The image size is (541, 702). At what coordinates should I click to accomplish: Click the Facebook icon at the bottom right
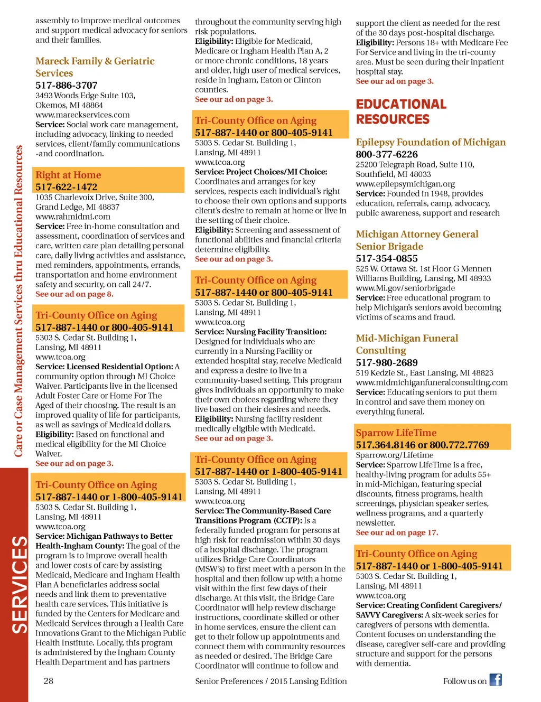495,680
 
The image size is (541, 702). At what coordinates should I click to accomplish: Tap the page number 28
48,681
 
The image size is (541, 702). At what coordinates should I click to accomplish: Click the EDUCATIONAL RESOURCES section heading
400,111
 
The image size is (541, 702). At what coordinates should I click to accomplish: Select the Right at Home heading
68,175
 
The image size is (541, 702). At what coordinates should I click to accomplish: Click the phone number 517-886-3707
67,85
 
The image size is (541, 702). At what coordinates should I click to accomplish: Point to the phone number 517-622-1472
67,187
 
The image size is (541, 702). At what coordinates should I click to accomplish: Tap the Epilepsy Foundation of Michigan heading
431,142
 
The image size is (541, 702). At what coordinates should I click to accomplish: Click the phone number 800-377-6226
387,154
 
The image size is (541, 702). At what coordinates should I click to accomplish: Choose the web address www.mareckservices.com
82,115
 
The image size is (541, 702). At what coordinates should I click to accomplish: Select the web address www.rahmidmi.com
73,216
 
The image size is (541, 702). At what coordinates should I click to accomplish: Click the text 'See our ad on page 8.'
74,294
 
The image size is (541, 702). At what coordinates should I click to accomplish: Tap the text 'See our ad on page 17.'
397,532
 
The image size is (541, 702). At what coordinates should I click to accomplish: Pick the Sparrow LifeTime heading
396,433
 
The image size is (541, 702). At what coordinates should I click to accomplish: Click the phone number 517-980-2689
387,362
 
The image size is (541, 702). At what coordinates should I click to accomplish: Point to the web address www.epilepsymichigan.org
405,184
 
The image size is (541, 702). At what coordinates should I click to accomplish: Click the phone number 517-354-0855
387,258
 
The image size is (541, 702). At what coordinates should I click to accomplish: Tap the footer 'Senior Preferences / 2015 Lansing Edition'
271,681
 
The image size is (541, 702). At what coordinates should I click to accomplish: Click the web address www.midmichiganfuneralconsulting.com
432,382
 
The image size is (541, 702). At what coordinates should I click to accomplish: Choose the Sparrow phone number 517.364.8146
385,445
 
